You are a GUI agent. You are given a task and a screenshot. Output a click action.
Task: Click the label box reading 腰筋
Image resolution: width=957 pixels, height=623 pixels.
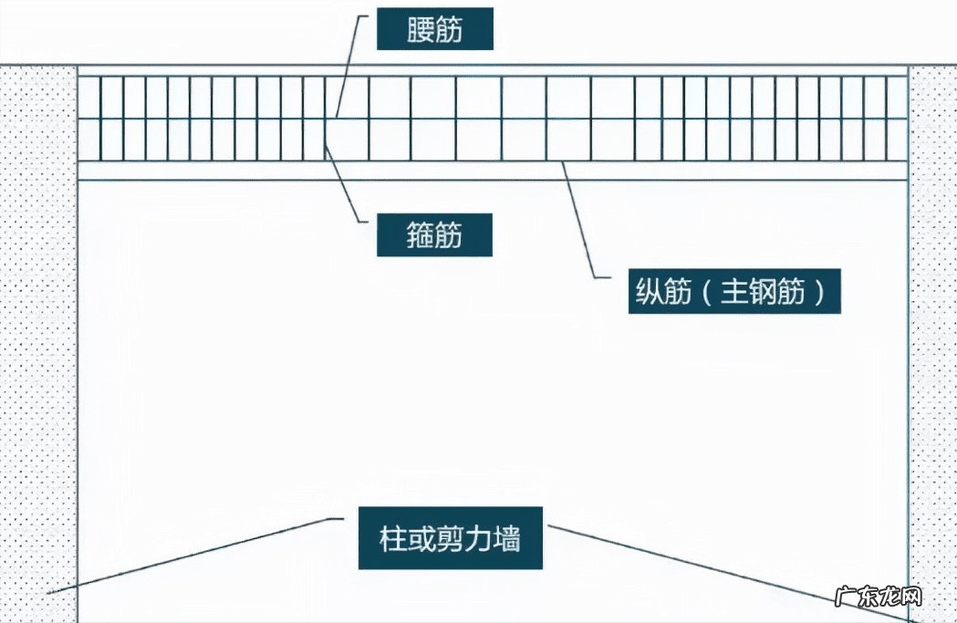[x=435, y=31]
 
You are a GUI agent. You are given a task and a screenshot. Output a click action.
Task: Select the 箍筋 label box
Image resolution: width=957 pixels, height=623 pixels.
[x=435, y=236]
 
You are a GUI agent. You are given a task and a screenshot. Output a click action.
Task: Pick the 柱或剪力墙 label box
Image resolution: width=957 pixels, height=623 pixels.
[x=450, y=537]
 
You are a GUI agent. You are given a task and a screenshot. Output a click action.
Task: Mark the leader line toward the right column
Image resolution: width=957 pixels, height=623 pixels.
[x=730, y=571]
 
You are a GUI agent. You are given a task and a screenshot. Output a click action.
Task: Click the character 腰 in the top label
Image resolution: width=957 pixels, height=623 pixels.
[x=420, y=31]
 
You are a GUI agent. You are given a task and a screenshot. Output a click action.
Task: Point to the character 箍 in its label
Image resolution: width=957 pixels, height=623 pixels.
[x=420, y=236]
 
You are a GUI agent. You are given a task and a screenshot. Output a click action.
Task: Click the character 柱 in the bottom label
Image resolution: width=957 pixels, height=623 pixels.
[x=393, y=538]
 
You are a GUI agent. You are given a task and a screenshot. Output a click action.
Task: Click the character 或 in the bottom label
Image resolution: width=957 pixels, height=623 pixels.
[x=421, y=538]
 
